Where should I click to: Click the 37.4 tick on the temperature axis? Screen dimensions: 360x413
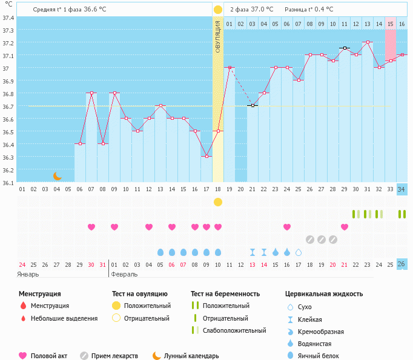point(8,18)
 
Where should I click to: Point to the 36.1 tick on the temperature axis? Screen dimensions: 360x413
point(8,182)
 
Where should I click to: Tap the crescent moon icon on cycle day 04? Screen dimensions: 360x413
point(57,176)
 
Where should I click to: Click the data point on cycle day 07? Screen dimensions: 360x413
point(91,93)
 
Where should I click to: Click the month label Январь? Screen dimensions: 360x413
point(28,274)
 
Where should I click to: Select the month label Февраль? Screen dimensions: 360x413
point(124,274)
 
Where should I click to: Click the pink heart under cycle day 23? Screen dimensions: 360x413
point(287,227)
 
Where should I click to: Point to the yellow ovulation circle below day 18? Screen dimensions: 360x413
point(218,201)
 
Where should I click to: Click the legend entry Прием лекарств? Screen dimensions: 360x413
point(114,356)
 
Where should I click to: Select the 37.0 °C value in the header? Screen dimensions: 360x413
point(262,10)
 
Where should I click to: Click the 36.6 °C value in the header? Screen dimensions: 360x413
point(99,10)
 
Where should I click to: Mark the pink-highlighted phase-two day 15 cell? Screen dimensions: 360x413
point(391,24)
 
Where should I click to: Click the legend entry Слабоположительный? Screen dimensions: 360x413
point(234,330)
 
